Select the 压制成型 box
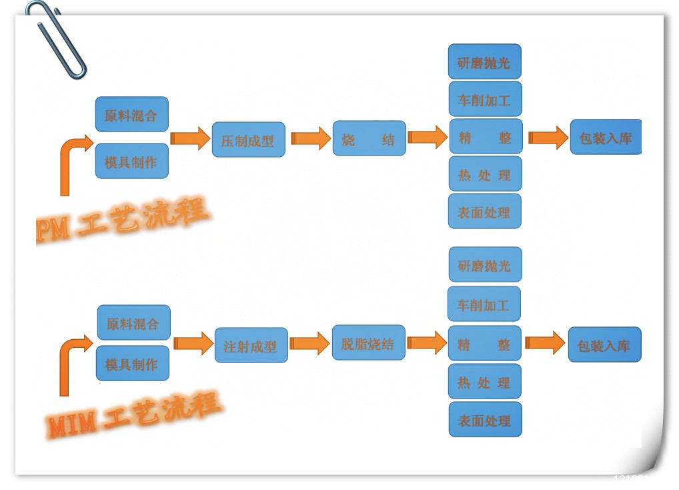point(248,140)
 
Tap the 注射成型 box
point(251,346)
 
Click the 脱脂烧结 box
point(368,343)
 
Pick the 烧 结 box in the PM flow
point(369,139)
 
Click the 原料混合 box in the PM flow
point(131,115)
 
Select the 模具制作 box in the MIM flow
point(132,364)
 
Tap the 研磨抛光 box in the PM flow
point(484,62)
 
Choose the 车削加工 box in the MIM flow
point(484,304)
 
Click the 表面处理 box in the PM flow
point(484,212)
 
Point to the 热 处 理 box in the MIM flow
point(484,382)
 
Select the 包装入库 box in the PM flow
point(605,138)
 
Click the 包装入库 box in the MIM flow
point(604,345)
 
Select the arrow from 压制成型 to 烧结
point(310,139)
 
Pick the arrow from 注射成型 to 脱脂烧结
point(309,343)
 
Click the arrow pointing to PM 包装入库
point(548,138)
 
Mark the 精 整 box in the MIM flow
point(484,344)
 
